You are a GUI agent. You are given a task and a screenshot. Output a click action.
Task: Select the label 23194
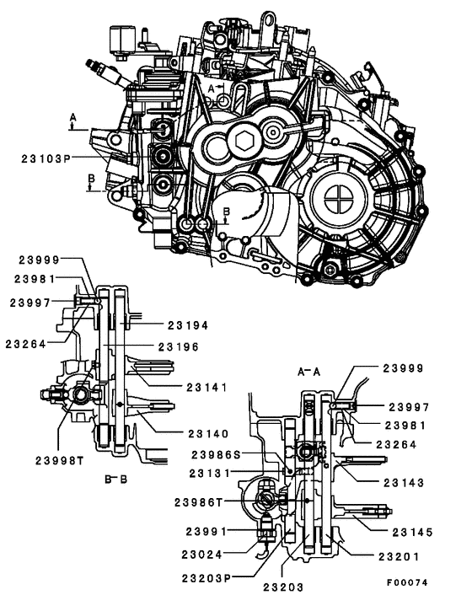tap(187, 324)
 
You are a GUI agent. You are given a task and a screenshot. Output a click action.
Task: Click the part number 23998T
tap(61, 459)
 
